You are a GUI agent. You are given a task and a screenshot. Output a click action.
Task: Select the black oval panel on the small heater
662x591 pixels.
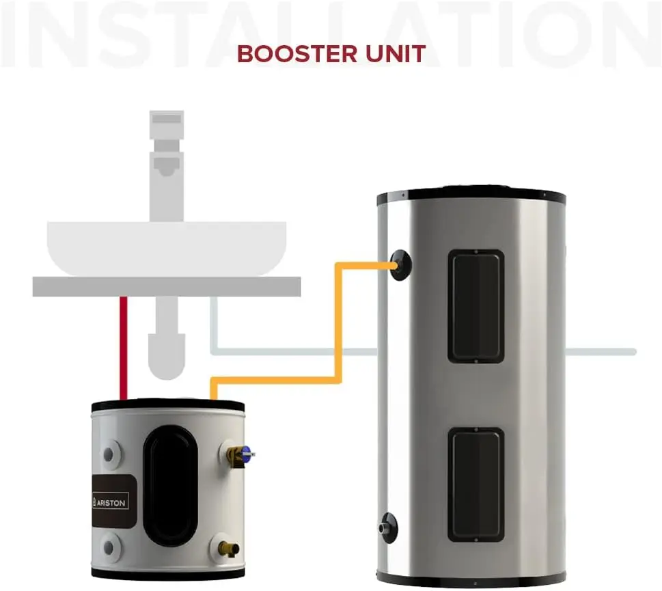pyautogui.click(x=170, y=484)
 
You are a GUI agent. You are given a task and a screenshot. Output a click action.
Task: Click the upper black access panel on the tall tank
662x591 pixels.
pyautogui.click(x=475, y=305)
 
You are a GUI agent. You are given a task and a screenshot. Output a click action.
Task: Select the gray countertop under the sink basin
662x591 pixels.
pyautogui.click(x=167, y=286)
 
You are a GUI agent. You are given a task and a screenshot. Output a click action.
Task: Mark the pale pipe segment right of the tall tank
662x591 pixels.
pyautogui.click(x=601, y=352)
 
